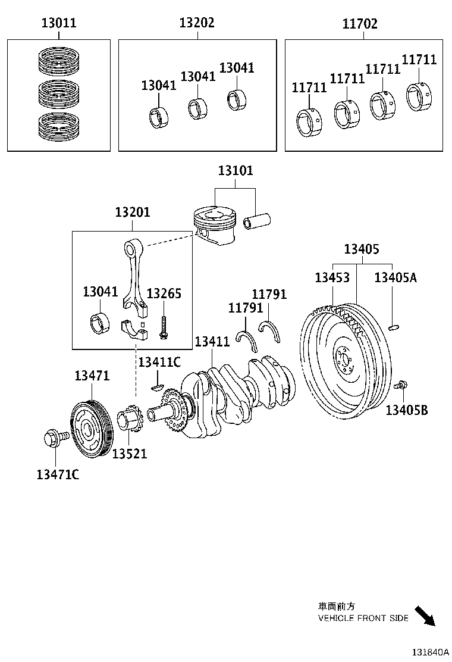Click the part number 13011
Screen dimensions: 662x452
pyautogui.click(x=58, y=24)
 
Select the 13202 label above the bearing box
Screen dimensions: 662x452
pyautogui.click(x=197, y=23)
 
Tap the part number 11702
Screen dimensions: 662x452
pyautogui.click(x=360, y=24)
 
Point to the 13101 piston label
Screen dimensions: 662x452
pyautogui.click(x=235, y=171)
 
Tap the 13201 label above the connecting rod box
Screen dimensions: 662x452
pyautogui.click(x=133, y=212)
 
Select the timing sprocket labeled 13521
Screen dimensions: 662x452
pyautogui.click(x=129, y=422)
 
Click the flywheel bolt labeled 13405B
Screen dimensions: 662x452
pyautogui.click(x=401, y=385)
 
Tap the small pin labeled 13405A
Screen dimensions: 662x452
pyautogui.click(x=393, y=325)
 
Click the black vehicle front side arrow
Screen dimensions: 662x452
pyautogui.click(x=425, y=616)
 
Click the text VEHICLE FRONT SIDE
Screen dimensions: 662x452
pyautogui.click(x=363, y=619)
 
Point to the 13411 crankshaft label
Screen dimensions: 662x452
pyautogui.click(x=212, y=342)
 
